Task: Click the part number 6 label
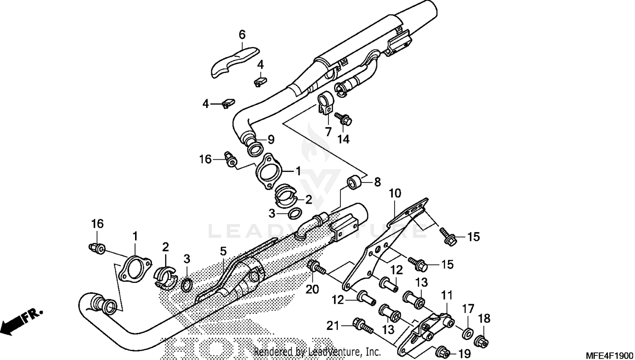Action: click(x=242, y=34)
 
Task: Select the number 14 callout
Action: click(x=343, y=138)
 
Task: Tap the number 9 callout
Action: click(x=271, y=139)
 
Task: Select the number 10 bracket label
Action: click(x=395, y=194)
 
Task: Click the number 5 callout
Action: click(x=224, y=252)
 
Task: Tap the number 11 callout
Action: click(x=447, y=295)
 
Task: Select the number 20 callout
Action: click(x=312, y=289)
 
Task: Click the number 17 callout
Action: click(x=468, y=309)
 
